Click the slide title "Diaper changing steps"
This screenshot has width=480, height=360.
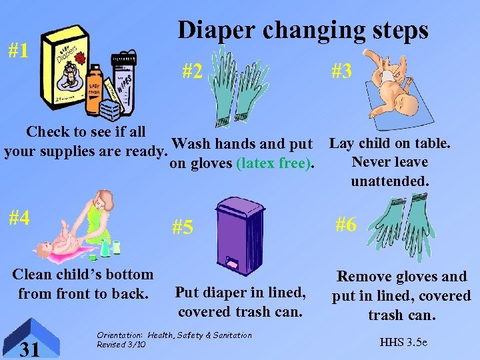[303, 30]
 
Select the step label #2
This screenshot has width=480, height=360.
[192, 71]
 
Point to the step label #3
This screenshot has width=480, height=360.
[341, 71]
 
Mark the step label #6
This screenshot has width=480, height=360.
[345, 225]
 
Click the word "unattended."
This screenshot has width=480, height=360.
[390, 181]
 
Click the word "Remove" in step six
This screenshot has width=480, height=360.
[364, 277]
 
